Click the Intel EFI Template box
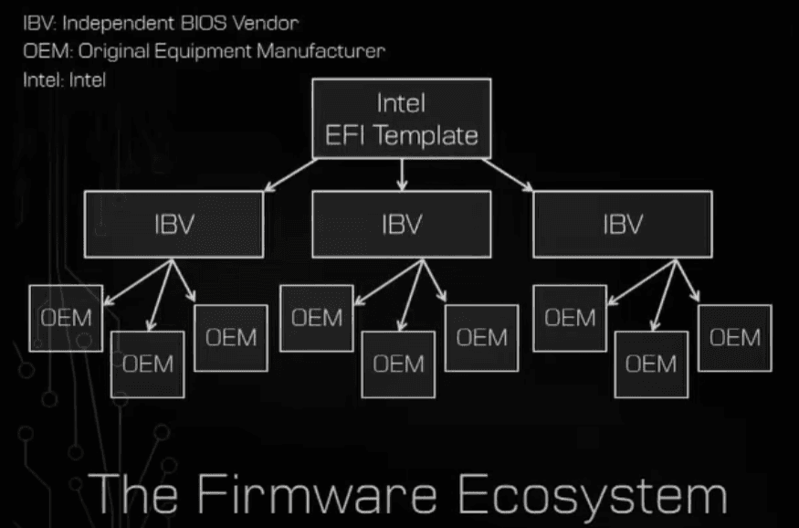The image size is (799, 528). pyautogui.click(x=402, y=119)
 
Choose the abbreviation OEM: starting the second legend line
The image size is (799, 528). pyautogui.click(x=43, y=50)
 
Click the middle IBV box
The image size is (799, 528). pyautogui.click(x=402, y=225)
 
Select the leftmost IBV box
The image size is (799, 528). pyautogui.click(x=174, y=225)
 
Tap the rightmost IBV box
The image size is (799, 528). pyautogui.click(x=622, y=225)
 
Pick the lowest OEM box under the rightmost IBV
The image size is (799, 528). pyautogui.click(x=651, y=364)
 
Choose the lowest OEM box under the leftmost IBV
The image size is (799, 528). pyautogui.click(x=148, y=364)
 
